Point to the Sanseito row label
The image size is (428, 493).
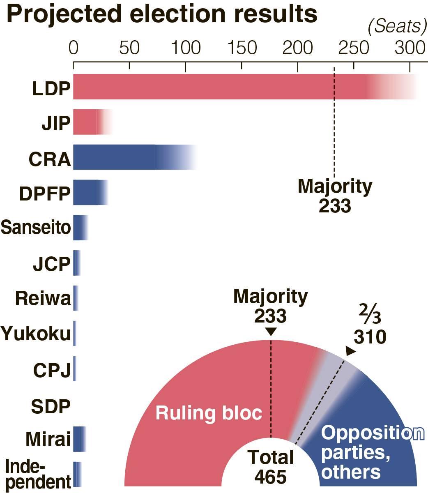tap(36, 227)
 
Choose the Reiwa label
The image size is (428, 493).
tap(43, 298)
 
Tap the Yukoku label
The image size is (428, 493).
tap(36, 333)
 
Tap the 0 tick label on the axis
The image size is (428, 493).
tap(73, 48)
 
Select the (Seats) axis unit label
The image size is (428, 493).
tap(397, 26)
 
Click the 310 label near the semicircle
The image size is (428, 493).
tap(370, 337)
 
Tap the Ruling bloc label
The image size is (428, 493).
tap(209, 413)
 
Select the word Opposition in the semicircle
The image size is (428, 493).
tap(372, 433)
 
